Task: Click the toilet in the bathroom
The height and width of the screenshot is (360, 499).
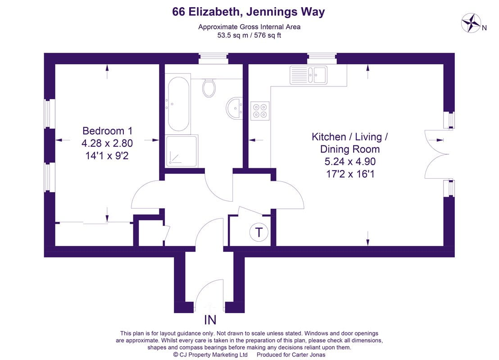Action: tap(209, 88)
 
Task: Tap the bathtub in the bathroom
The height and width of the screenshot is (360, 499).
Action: tap(178, 104)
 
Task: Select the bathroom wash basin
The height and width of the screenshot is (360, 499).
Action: tap(235, 108)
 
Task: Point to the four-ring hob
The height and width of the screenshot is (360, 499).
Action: tap(260, 111)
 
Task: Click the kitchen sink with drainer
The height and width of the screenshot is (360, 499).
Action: tap(308, 75)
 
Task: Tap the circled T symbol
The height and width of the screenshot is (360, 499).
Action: tap(259, 232)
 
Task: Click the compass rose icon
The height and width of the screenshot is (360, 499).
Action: tap(471, 23)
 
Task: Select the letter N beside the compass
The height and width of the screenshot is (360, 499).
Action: tap(484, 28)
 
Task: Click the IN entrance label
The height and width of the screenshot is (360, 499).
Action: tap(210, 319)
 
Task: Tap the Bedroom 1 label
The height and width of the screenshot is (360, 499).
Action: tap(107, 130)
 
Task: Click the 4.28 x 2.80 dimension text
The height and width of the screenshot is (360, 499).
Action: tap(107, 143)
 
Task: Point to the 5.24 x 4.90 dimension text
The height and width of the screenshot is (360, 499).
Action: tap(350, 162)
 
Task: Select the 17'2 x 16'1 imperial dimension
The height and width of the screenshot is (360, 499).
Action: tap(350, 174)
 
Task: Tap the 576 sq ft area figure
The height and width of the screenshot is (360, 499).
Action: tap(268, 35)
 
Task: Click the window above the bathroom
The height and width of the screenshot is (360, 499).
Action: tap(213, 58)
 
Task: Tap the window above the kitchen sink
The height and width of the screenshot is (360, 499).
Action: tap(322, 58)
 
